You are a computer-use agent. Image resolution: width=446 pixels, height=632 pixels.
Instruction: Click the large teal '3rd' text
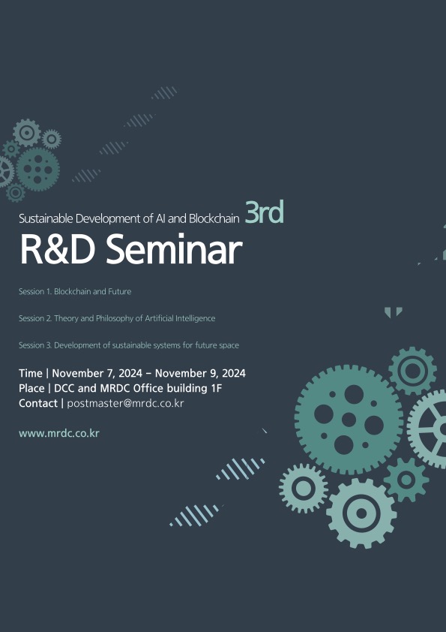(264, 212)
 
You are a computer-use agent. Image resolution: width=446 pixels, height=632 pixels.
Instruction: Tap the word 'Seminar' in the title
(173, 250)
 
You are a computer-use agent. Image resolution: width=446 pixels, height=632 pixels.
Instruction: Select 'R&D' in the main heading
(57, 250)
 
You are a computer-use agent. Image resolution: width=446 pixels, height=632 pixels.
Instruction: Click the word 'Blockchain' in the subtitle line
(214, 218)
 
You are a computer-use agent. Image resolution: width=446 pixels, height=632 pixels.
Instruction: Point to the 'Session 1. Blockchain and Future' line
(75, 291)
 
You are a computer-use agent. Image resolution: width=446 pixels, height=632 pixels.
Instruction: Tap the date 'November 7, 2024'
(97, 374)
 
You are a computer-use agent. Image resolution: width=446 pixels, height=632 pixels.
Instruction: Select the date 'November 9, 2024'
(200, 374)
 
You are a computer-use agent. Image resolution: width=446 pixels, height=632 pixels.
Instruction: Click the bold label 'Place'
(31, 389)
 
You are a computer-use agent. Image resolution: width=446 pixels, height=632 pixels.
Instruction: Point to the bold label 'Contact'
(37, 404)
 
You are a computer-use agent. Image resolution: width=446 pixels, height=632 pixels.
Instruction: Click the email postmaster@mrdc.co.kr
(125, 404)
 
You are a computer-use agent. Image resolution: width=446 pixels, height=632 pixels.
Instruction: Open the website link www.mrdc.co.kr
(58, 434)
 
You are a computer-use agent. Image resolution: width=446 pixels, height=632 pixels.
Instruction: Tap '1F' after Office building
(217, 389)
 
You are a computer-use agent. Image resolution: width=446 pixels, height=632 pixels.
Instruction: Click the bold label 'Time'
(30, 374)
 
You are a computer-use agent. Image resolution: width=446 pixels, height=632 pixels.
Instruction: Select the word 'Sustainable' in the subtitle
(46, 218)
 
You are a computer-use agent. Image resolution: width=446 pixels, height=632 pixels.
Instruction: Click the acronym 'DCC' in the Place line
(64, 389)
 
